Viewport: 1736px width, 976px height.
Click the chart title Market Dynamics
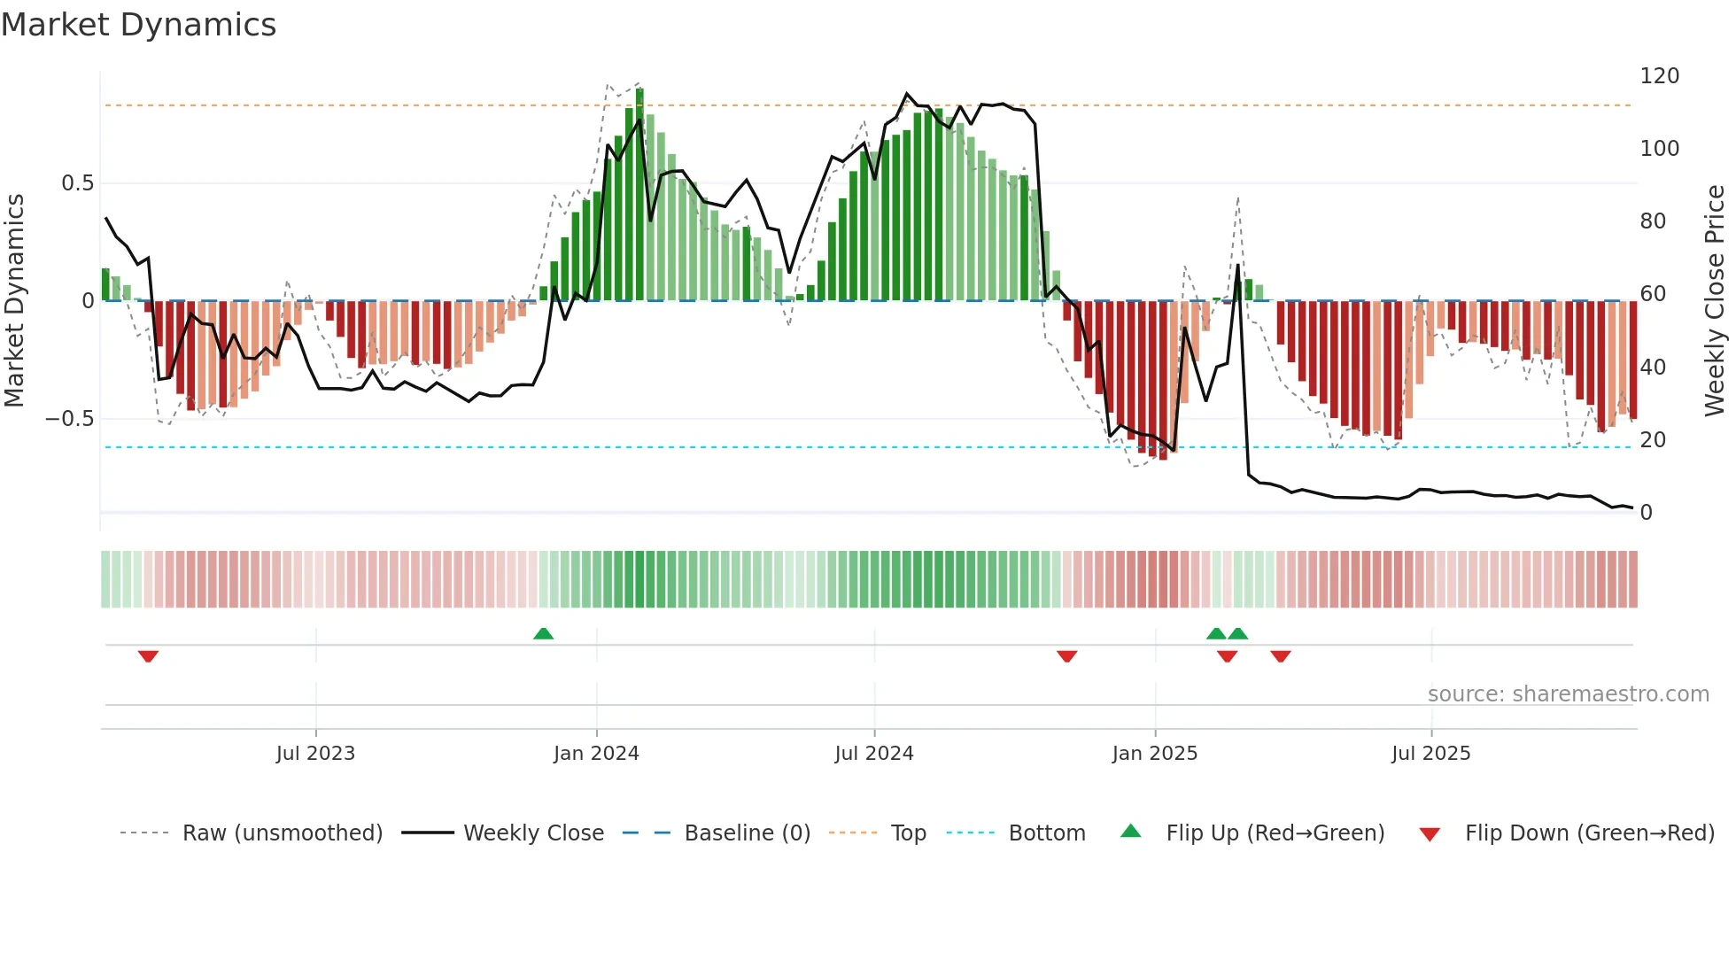[138, 25]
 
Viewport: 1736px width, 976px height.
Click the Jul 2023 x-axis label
[315, 754]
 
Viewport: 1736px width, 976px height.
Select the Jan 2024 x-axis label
[596, 754]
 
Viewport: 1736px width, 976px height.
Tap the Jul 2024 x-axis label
[873, 754]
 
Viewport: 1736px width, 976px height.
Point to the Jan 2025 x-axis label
[1154, 754]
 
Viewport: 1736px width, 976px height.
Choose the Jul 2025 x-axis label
[1430, 754]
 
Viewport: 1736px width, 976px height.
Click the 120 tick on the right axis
[1659, 76]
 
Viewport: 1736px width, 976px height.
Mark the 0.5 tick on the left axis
[77, 183]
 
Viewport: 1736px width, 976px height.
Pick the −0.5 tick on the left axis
[69, 419]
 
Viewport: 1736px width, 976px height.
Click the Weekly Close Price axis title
[1715, 301]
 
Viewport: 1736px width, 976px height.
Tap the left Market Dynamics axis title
[14, 301]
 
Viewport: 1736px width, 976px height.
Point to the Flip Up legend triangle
[1131, 831]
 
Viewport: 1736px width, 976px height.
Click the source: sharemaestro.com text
[1568, 694]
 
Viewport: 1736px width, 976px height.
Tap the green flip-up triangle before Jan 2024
[543, 633]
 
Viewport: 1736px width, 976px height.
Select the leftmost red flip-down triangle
[148, 656]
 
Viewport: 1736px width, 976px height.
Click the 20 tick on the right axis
[1653, 440]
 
